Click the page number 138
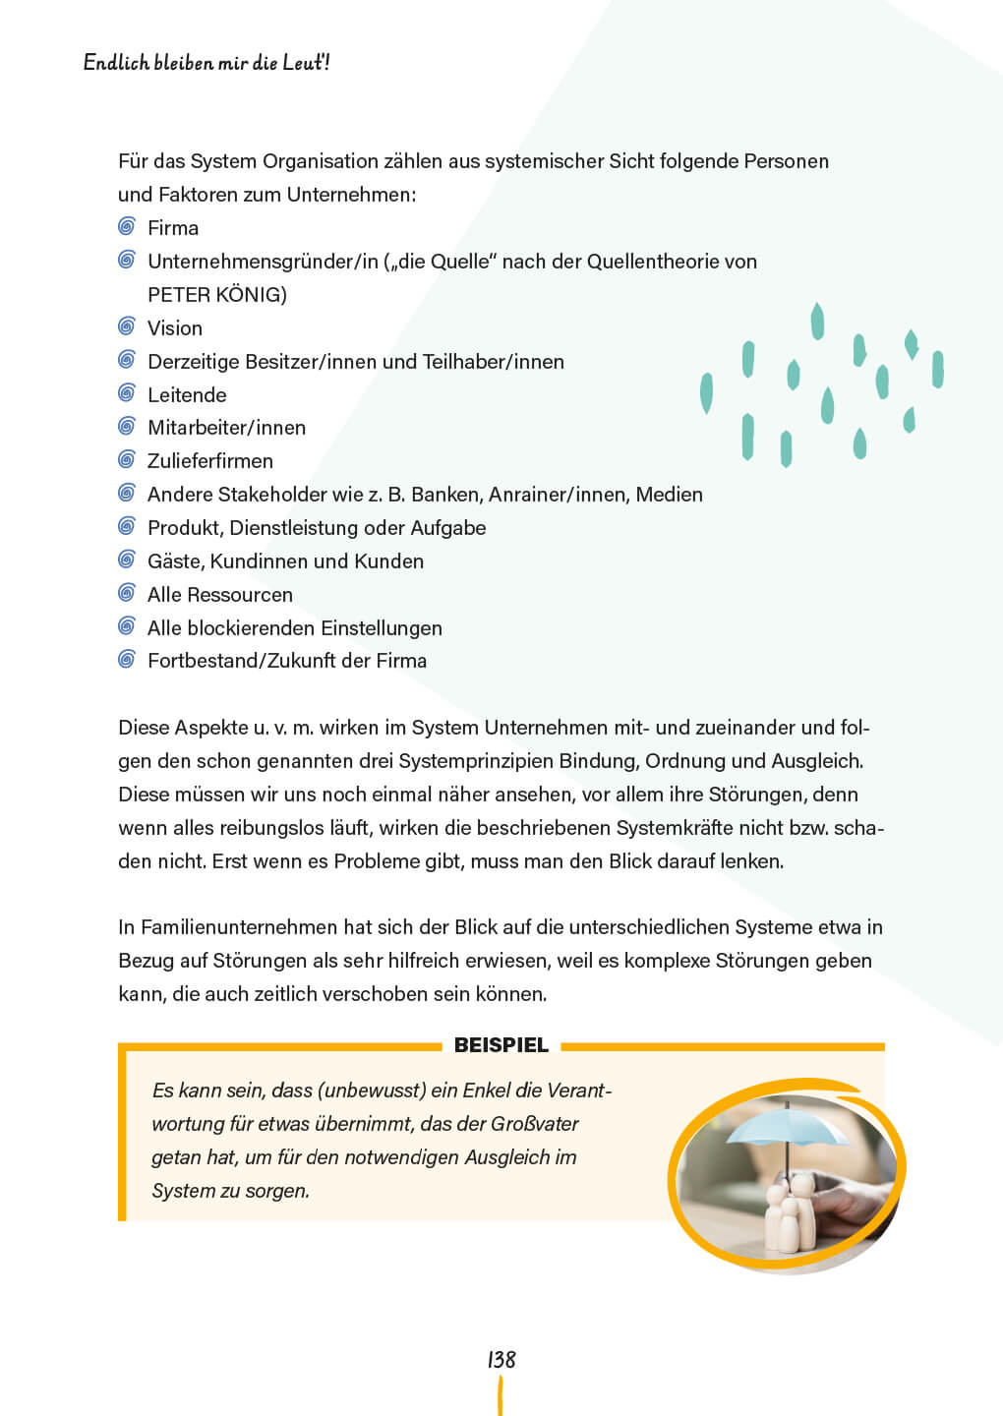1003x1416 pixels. pos(501,1359)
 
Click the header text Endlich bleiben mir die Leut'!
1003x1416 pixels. pos(206,63)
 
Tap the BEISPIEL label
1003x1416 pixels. pos(501,1045)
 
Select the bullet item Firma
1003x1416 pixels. pos(173,228)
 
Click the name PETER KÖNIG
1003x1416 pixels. pos(216,295)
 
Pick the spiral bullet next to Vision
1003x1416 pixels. pos(127,326)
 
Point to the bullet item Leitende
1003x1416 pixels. pos(187,395)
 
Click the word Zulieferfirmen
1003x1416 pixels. pos(210,461)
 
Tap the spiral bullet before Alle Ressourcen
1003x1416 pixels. pos(127,593)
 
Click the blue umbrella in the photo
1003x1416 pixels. pos(787,1127)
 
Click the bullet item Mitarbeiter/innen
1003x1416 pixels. pos(226,428)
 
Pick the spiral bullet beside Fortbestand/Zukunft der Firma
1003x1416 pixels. pos(127,660)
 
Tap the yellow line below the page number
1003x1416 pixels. pos(501,1396)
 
